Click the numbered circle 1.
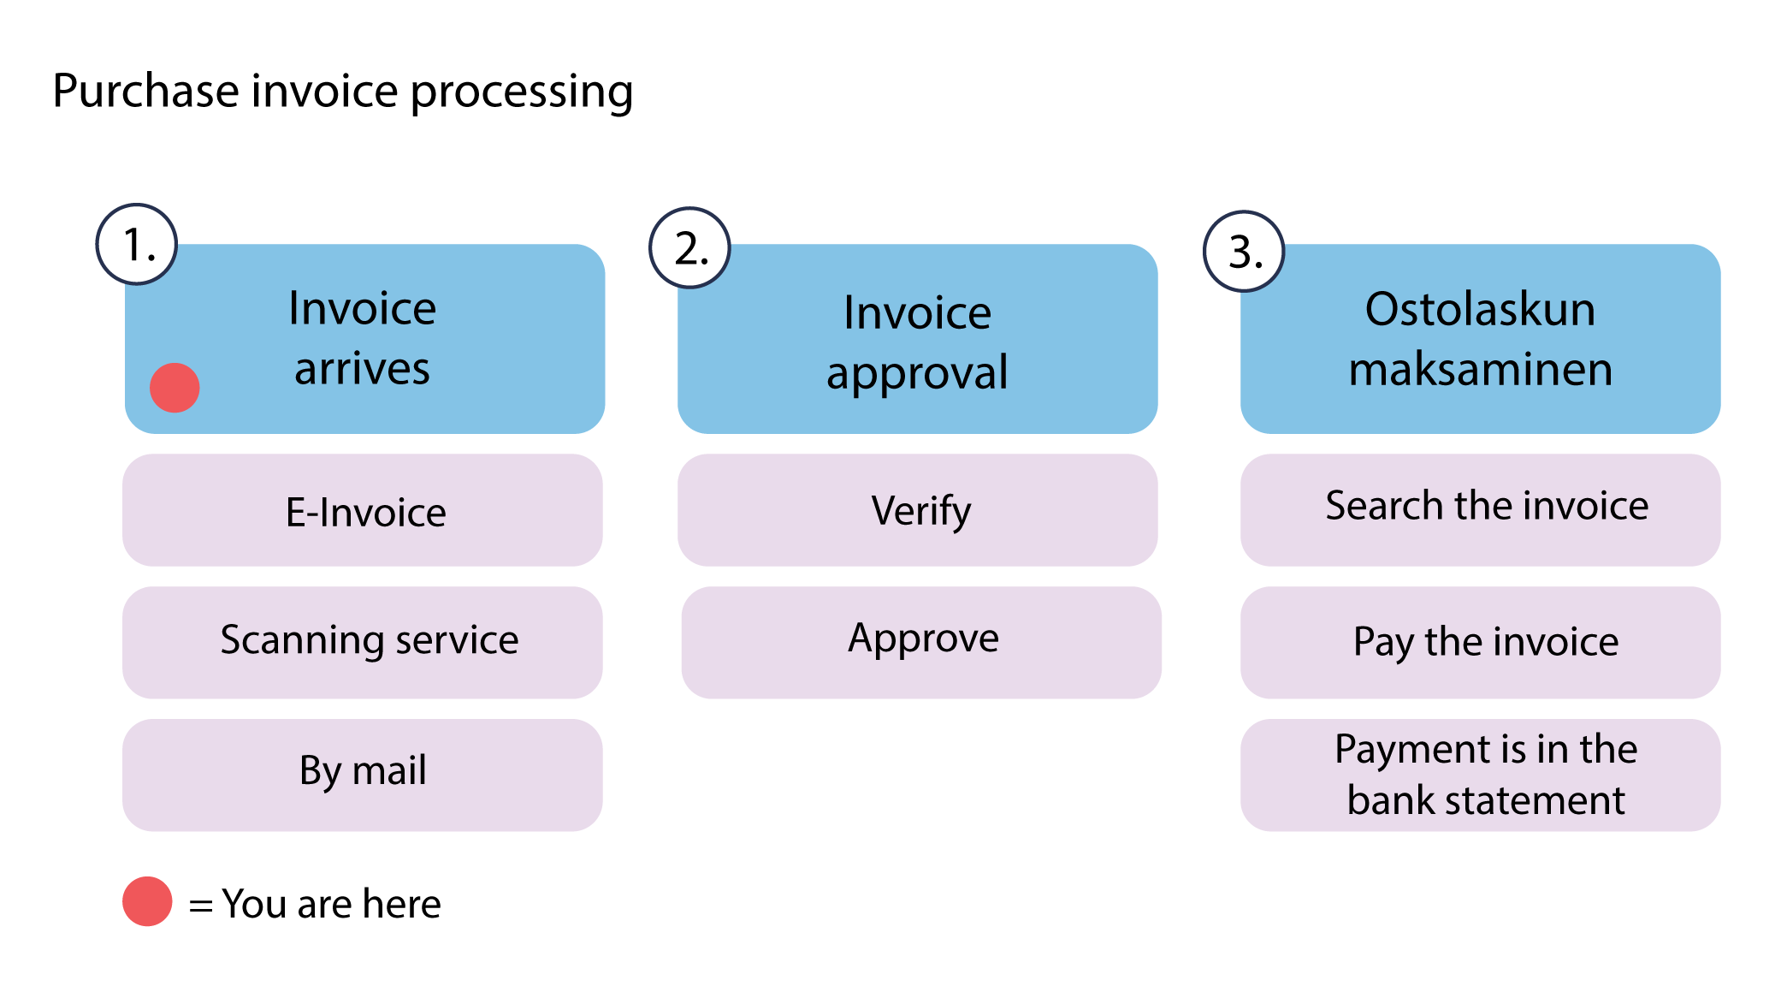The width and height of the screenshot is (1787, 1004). pos(137,245)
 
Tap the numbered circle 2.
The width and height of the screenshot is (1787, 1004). pos(689,248)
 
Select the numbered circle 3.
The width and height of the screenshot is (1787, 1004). pos(1244,252)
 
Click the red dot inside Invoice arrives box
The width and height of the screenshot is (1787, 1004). pos(175,388)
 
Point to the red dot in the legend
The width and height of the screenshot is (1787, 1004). pos(147,901)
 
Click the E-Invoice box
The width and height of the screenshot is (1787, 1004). pos(363,511)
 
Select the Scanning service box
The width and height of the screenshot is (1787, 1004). pos(363,642)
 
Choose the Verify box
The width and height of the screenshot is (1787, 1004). pos(917,510)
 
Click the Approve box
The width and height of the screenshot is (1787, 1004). pos(921,642)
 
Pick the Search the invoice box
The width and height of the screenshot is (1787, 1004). pos(1480,510)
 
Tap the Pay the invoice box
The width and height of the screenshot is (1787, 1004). pos(1480,642)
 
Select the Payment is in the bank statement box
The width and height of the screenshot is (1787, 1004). pos(1480,775)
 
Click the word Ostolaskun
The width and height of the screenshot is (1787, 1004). pos(1480,309)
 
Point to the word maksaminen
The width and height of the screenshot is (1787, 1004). pos(1480,369)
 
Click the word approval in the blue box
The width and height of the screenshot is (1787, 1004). pos(917,373)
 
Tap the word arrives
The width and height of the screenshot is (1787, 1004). pos(362,369)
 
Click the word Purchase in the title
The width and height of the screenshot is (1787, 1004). pos(145,92)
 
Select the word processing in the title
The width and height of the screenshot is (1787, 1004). pos(522,92)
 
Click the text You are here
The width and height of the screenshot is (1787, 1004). pos(331,904)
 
